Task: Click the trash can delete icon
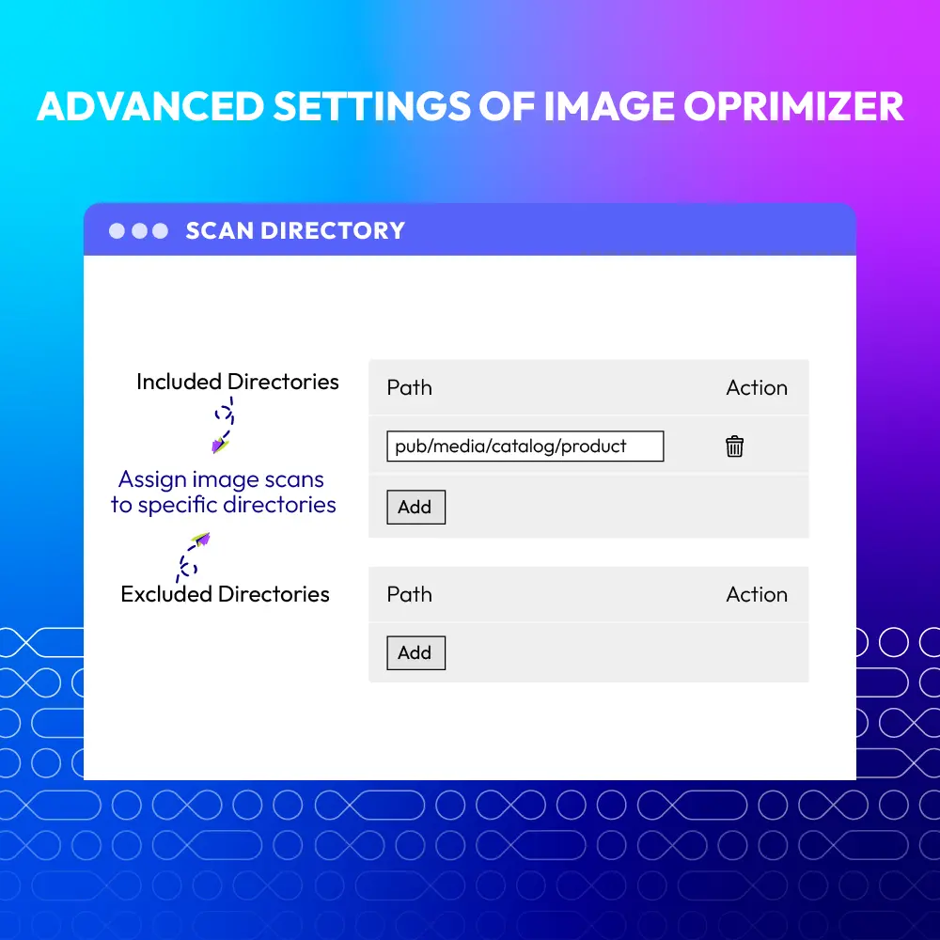tap(734, 446)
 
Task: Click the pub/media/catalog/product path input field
tap(525, 446)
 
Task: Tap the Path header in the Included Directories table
tap(410, 388)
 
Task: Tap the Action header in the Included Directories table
tap(757, 388)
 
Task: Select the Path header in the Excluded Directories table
tap(410, 595)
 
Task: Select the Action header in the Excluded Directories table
tap(757, 595)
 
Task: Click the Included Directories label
tap(238, 382)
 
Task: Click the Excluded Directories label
tap(225, 594)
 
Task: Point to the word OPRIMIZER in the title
tap(793, 107)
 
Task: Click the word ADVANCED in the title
tap(150, 107)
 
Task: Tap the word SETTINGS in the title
tap(371, 107)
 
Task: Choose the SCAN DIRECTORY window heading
tap(295, 231)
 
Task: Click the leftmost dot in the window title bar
tap(117, 231)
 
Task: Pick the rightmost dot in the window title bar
tap(160, 231)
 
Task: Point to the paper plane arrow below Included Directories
tap(223, 425)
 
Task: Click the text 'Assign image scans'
tap(221, 479)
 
